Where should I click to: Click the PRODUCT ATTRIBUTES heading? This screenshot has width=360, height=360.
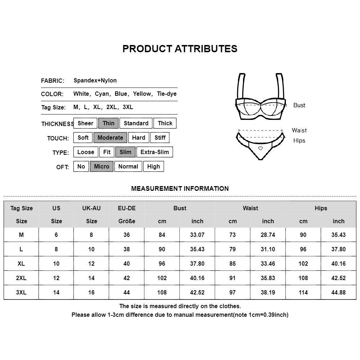[180, 49]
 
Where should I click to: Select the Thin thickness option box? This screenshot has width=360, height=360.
[108, 123]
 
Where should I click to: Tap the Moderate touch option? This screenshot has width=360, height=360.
[110, 138]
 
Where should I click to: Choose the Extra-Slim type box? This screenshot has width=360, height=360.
[154, 152]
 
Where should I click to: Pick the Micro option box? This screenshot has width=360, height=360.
[102, 166]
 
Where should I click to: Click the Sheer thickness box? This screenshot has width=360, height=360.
[85, 123]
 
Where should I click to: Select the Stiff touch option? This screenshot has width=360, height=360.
[160, 138]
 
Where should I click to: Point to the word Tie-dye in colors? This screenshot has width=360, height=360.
[167, 94]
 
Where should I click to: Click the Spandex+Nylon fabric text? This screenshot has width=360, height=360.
[95, 80]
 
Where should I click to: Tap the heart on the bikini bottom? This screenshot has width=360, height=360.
[260, 148]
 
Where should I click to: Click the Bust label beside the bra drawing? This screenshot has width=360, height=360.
[299, 105]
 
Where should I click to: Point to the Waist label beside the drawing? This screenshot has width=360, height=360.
[299, 130]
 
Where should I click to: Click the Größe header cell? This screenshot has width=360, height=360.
[127, 221]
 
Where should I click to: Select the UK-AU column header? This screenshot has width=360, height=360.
[91, 208]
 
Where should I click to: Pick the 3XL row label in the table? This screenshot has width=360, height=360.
[21, 292]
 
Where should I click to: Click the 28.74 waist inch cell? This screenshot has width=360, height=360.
[268, 235]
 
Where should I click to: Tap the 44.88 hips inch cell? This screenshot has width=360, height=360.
[338, 292]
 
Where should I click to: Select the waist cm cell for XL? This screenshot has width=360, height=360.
[233, 264]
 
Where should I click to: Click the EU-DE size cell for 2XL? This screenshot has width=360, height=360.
[127, 278]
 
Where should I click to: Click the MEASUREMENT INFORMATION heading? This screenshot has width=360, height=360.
[180, 188]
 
